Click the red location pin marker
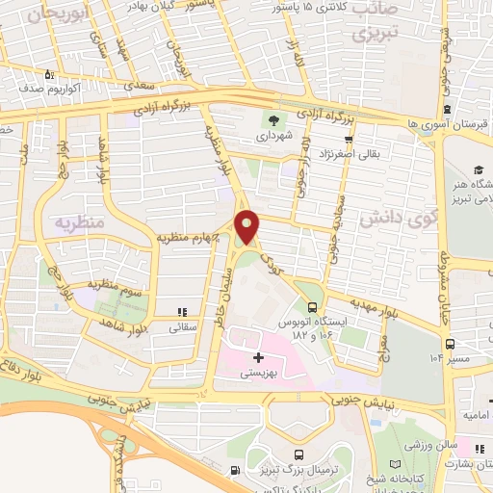(247, 226)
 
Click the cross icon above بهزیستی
(257, 358)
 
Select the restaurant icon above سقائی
(182, 312)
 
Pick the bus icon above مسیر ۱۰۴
(450, 343)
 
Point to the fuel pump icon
(236, 471)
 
